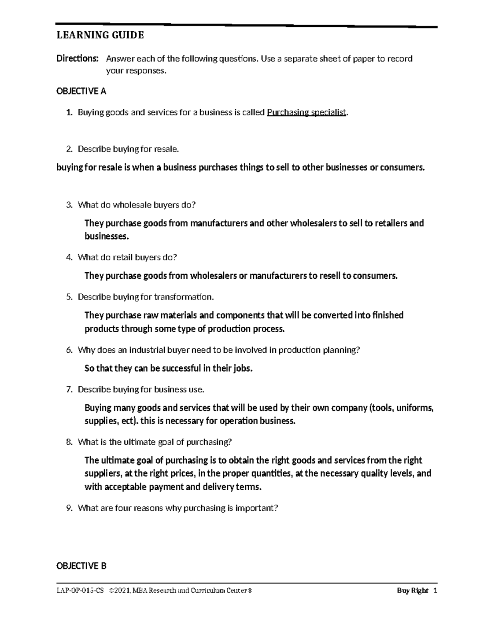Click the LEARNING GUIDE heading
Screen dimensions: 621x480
pyautogui.click(x=100, y=36)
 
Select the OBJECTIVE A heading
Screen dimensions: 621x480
pyautogui.click(x=81, y=91)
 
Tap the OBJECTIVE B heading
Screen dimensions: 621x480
pyautogui.click(x=81, y=566)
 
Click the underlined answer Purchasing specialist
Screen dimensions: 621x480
pyautogui.click(x=306, y=112)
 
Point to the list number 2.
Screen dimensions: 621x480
pyautogui.click(x=69, y=149)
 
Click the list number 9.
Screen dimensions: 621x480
pyautogui.click(x=69, y=508)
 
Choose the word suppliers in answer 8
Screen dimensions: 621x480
pyautogui.click(x=102, y=474)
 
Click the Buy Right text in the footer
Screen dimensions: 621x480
pyautogui.click(x=412, y=591)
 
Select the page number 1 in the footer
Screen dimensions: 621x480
pyautogui.click(x=435, y=591)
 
